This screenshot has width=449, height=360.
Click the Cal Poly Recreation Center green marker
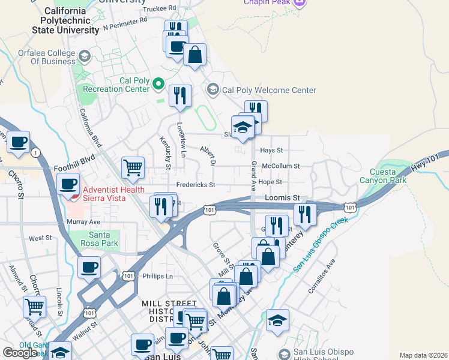(158, 83)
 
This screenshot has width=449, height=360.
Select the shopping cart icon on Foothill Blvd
(133, 168)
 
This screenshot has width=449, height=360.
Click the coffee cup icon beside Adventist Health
(68, 184)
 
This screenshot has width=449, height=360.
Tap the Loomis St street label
(282, 197)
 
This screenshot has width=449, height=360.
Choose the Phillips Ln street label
(157, 276)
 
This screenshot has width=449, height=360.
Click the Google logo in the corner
(20, 353)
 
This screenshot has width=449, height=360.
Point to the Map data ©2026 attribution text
(423, 355)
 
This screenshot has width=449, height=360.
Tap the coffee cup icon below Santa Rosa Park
(89, 267)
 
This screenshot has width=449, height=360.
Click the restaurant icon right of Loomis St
(305, 214)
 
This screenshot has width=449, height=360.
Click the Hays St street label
(271, 151)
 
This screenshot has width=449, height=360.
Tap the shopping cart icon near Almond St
(35, 307)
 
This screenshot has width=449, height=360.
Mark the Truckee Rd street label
(159, 8)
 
